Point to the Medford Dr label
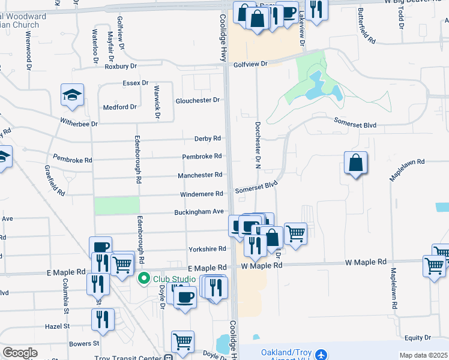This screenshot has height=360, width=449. [x=120, y=107]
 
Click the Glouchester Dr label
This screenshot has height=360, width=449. [x=197, y=101]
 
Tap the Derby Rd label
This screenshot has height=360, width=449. [x=208, y=139]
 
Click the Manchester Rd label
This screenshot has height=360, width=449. [x=200, y=175]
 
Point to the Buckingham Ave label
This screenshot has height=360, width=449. [x=199, y=212]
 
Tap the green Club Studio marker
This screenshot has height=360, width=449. [x=143, y=279]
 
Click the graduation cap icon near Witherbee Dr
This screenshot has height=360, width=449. [x=72, y=95]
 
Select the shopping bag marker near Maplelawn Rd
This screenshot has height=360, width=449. [x=356, y=163]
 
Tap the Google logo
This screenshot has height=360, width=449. [x=20, y=353]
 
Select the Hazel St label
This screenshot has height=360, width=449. [x=58, y=326]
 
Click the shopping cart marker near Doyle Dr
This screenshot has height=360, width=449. [x=182, y=343]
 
